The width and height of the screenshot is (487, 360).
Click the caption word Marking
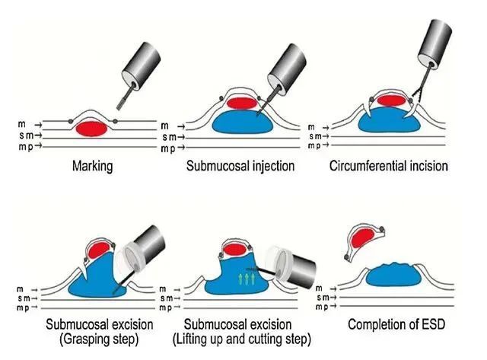click(x=93, y=165)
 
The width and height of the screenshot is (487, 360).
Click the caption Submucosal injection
click(x=240, y=165)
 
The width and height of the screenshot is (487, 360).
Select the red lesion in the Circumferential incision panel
click(x=390, y=100)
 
